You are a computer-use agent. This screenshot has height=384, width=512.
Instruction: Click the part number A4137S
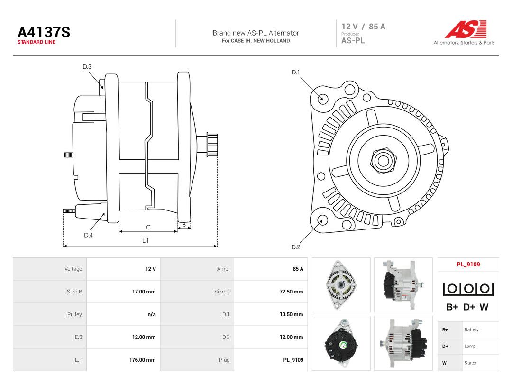pyautogui.click(x=44, y=32)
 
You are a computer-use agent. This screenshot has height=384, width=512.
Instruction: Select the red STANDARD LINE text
pyautogui.click(x=37, y=42)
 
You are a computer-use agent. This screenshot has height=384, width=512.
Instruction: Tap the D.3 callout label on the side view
pyautogui.click(x=87, y=67)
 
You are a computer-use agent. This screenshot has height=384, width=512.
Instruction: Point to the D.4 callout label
pyautogui.click(x=88, y=235)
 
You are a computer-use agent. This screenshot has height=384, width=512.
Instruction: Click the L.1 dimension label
pyautogui.click(x=146, y=241)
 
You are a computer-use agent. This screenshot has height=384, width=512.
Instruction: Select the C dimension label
pyautogui.click(x=148, y=227)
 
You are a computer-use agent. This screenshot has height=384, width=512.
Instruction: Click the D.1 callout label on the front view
pyautogui.click(x=295, y=72)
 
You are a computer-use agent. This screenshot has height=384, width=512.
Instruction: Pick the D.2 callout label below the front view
pyautogui.click(x=295, y=247)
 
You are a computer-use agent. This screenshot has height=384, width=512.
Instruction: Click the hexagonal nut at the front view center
pyautogui.click(x=384, y=160)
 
